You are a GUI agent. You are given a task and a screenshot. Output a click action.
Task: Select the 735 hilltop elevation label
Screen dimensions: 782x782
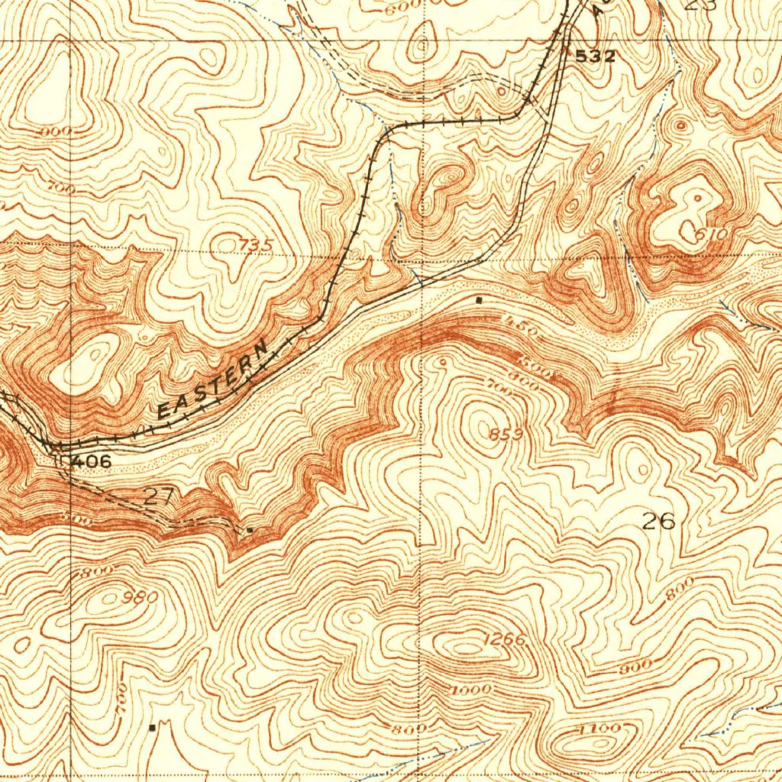255,244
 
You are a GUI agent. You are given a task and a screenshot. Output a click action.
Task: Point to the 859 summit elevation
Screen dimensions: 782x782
506,435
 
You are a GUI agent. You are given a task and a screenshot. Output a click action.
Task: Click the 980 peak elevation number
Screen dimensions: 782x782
142,596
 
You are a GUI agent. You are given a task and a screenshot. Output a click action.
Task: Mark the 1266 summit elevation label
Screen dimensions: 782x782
504,640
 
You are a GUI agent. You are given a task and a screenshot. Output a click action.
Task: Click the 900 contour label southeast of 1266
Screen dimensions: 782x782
635,667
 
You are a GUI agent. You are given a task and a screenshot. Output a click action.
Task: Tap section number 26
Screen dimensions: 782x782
658,522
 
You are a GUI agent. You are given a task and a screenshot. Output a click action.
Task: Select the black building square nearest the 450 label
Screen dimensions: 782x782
479,300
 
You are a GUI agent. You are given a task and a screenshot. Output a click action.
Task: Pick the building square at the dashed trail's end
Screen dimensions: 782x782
250,528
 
